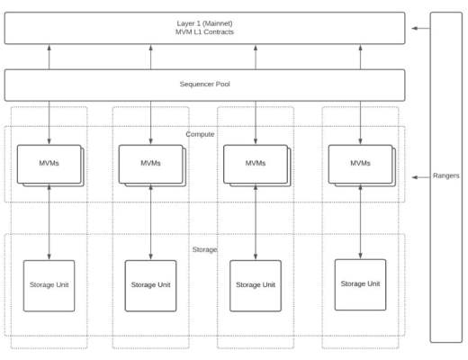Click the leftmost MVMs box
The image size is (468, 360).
[49, 163]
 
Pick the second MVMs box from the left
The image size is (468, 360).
[150, 163]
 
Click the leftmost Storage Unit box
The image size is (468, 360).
[49, 285]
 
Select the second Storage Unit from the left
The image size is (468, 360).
[150, 285]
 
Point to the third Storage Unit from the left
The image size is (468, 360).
[255, 285]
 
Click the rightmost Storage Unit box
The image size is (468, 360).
[360, 284]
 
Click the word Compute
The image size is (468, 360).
[200, 134]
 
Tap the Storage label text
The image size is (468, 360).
[204, 248]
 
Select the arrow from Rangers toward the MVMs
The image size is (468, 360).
[419, 177]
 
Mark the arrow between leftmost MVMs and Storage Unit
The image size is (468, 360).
[49, 222]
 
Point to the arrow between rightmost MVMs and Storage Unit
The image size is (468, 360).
[360, 220]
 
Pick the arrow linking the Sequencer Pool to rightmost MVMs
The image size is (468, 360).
[360, 122]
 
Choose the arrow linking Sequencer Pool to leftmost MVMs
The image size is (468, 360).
[49, 122]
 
